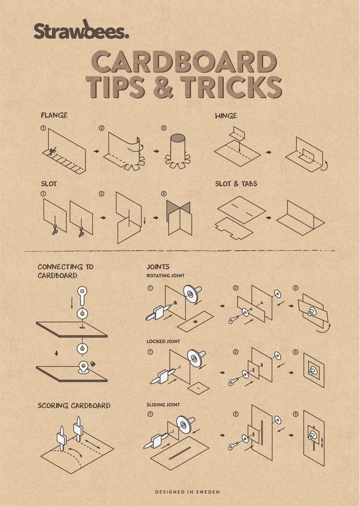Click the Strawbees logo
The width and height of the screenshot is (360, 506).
pyautogui.click(x=81, y=29)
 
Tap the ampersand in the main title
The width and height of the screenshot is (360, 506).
pyautogui.click(x=163, y=87)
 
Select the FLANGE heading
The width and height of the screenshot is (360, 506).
pyautogui.click(x=54, y=115)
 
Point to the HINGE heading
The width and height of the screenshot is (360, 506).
pyautogui.click(x=226, y=116)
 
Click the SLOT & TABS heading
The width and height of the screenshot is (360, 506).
pyautogui.click(x=236, y=184)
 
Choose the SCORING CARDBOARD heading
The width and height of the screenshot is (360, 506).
pyautogui.click(x=74, y=406)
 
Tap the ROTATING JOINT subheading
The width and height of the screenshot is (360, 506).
pyautogui.click(x=165, y=276)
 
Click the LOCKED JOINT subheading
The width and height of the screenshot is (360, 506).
pyautogui.click(x=163, y=341)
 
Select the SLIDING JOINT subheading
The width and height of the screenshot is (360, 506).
pyautogui.click(x=163, y=405)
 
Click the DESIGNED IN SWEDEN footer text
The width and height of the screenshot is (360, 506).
pyautogui.click(x=187, y=492)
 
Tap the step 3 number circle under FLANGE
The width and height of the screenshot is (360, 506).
pyautogui.click(x=163, y=128)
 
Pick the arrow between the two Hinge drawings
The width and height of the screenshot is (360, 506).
pyautogui.click(x=269, y=152)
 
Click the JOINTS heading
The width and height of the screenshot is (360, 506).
pyautogui.click(x=158, y=267)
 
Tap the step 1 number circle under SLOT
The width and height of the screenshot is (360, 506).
pyautogui.click(x=43, y=194)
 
